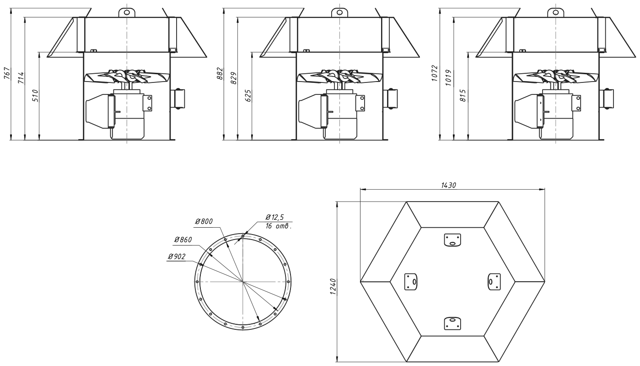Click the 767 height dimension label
[x=7, y=74]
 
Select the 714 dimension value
[x=22, y=78]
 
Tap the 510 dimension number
[x=35, y=96]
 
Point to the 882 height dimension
[x=220, y=74]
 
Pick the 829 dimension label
[x=234, y=78]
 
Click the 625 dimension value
[x=248, y=96]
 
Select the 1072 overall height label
[x=435, y=74]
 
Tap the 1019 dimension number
[x=449, y=78]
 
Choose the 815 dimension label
[x=463, y=96]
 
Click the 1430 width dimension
[x=449, y=186]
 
